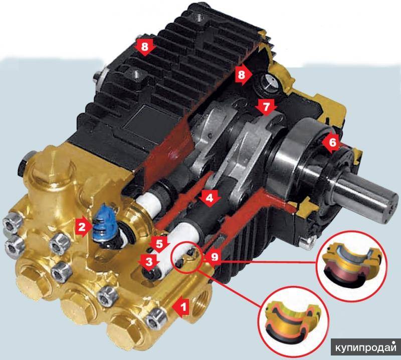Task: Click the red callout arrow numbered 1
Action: point(181,306)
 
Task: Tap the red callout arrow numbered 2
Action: point(83,227)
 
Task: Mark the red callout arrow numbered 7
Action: point(266,107)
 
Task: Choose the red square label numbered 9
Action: point(215,257)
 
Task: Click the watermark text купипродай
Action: point(366,348)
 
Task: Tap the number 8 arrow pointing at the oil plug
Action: point(243,75)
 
